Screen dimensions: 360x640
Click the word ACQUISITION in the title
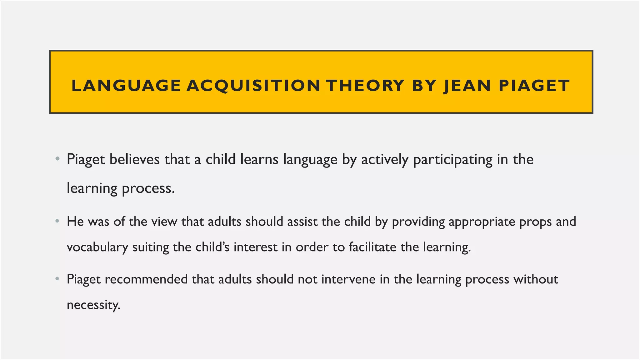(253, 86)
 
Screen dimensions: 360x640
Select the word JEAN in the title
(467, 86)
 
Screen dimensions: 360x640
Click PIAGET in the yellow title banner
(534, 86)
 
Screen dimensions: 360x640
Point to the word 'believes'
(135, 159)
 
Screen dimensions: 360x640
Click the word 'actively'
(385, 160)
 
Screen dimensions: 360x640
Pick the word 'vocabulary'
(97, 247)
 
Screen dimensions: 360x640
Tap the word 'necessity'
(93, 305)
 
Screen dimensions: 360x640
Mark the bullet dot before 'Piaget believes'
(57, 159)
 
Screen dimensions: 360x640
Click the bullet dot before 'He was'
(57, 222)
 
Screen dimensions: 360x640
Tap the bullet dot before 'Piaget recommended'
(57, 279)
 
